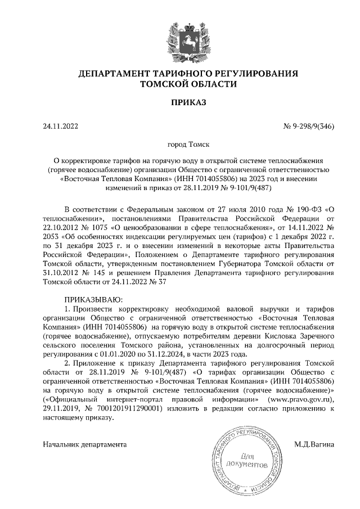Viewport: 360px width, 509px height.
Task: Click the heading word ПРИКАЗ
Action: point(179,102)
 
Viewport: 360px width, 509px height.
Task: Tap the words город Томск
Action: point(179,145)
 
